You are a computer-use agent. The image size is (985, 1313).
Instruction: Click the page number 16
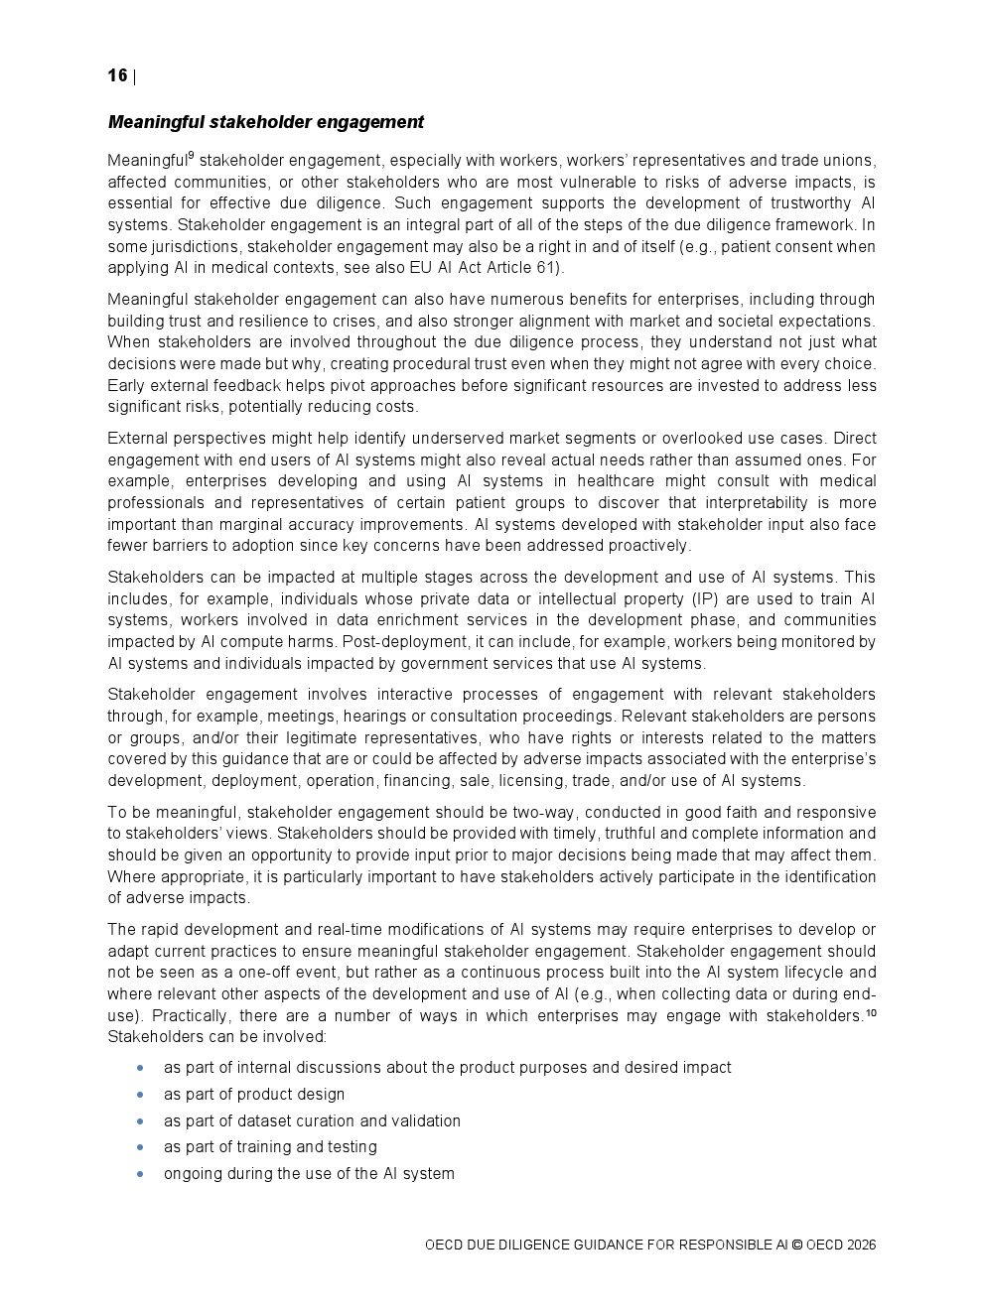pyautogui.click(x=117, y=76)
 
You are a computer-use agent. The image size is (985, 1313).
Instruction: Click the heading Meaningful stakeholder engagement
pyautogui.click(x=265, y=122)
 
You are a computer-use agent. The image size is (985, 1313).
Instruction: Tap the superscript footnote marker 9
pyautogui.click(x=191, y=155)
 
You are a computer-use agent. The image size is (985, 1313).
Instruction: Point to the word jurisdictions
pyautogui.click(x=195, y=246)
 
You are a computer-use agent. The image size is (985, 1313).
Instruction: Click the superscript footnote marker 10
pyautogui.click(x=871, y=1013)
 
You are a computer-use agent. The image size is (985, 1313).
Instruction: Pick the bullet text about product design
pyautogui.click(x=254, y=1095)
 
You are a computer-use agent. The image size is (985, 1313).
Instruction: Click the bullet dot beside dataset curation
pyautogui.click(x=141, y=1121)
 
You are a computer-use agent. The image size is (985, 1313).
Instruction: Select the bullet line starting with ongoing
pyautogui.click(x=309, y=1174)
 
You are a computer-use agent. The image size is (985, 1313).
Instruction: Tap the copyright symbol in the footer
pyautogui.click(x=796, y=1246)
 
